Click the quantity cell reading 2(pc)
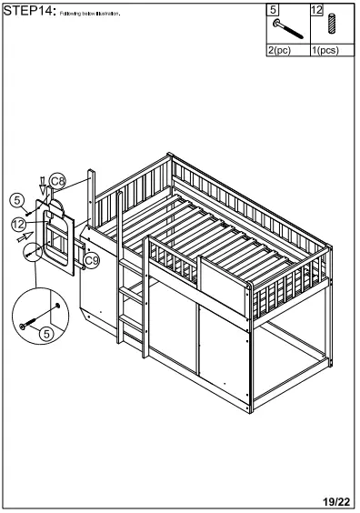click(x=279, y=51)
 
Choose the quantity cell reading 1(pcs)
click(x=325, y=51)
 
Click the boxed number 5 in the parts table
click(x=273, y=10)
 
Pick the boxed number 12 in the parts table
click(x=317, y=10)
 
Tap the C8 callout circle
click(x=57, y=182)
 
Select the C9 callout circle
click(x=91, y=262)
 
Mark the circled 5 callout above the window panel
click(x=16, y=199)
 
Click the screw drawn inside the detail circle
click(x=35, y=318)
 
